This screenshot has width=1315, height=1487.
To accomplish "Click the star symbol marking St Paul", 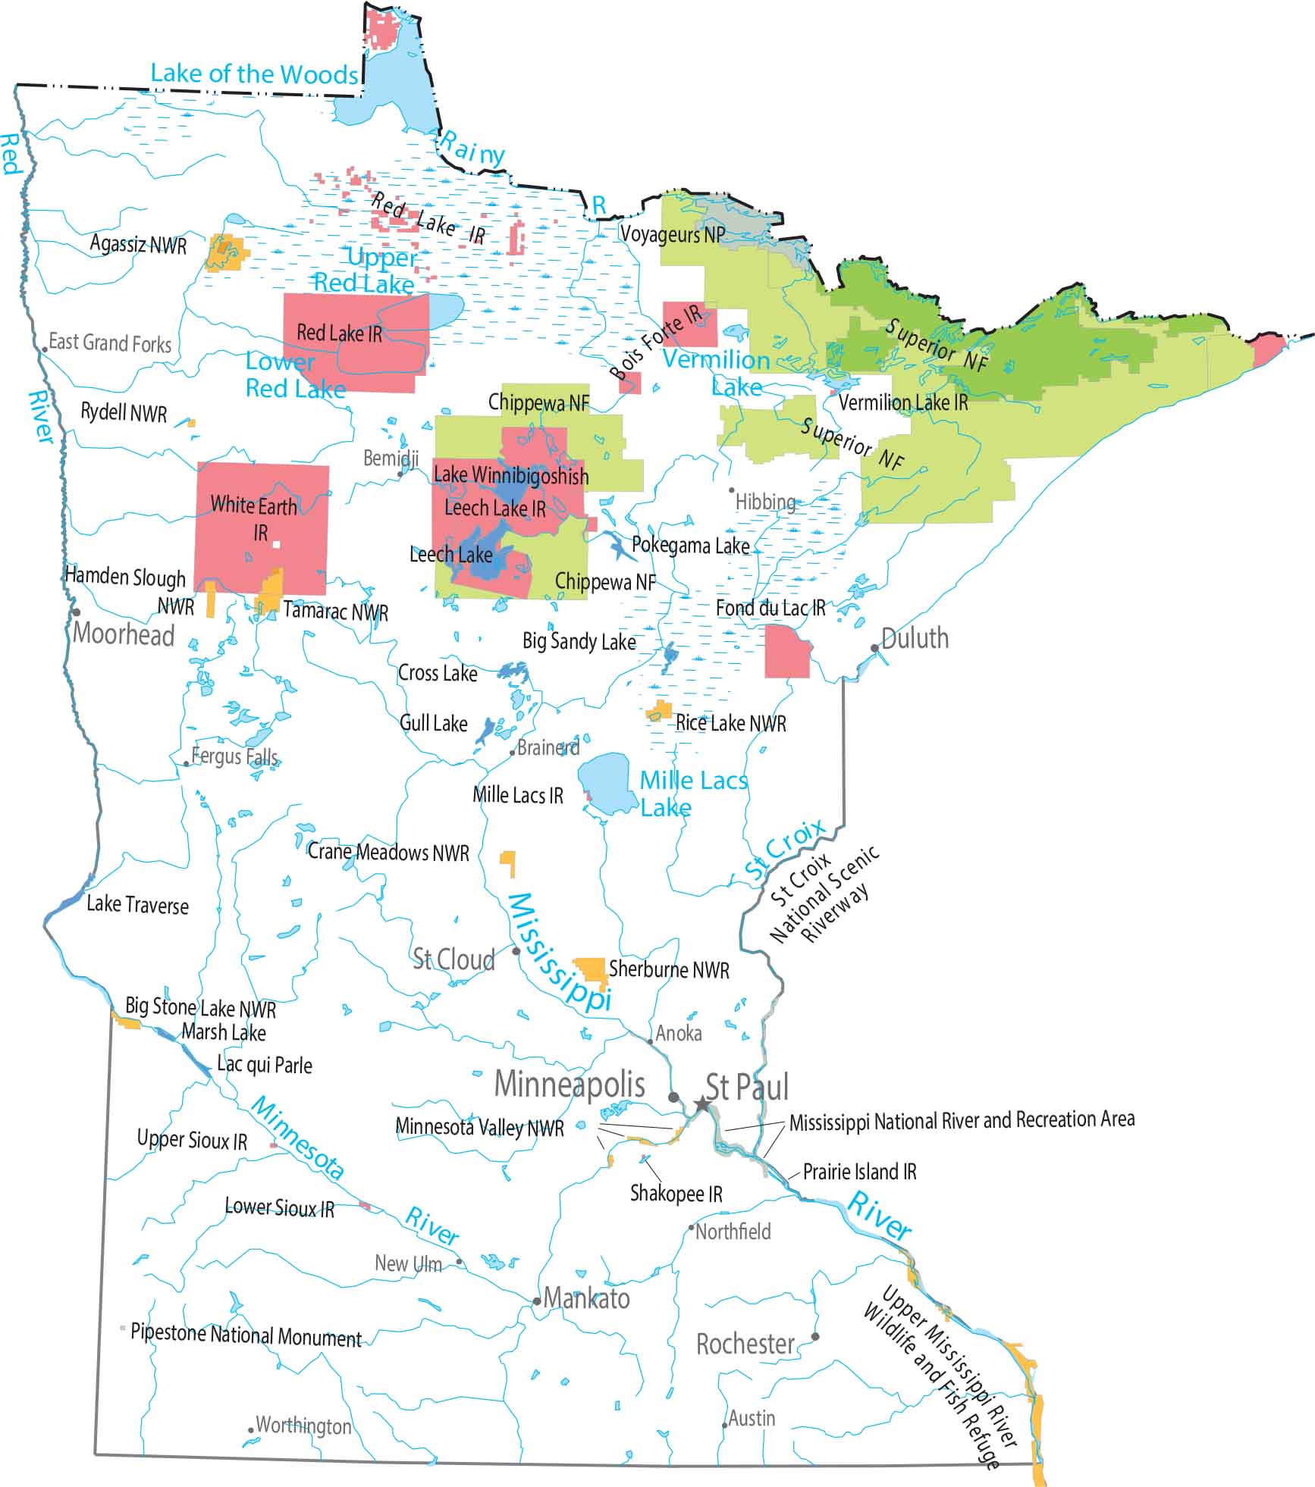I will (702, 1104).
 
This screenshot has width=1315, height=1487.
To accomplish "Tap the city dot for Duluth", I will (874, 648).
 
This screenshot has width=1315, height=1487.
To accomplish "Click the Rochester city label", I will (745, 1344).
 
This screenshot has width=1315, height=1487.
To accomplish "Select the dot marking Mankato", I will (537, 1301).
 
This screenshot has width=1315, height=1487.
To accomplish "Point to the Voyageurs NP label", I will (672, 234).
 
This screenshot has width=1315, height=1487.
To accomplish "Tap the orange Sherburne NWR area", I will (589, 969).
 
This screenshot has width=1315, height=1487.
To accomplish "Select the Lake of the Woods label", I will (254, 74).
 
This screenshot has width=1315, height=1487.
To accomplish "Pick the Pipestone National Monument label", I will (246, 1335).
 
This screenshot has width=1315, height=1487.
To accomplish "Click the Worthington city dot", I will (251, 1430).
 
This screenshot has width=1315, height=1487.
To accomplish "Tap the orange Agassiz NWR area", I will (226, 253).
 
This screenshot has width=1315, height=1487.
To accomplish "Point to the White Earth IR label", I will (254, 517).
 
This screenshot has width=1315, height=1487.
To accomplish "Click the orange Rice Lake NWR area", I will (660, 711).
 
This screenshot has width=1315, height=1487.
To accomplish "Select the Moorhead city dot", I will (76, 612).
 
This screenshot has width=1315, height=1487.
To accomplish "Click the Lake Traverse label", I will (137, 904).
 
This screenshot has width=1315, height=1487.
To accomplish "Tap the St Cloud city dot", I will (516, 950).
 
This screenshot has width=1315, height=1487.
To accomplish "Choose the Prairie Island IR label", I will (859, 1172).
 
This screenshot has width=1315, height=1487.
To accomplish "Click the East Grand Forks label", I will (110, 343).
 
